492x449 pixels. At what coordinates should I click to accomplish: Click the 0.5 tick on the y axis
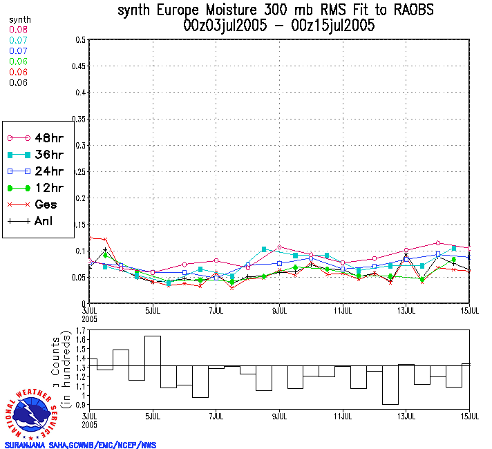(81, 40)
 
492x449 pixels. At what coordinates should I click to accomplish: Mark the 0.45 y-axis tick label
(79, 66)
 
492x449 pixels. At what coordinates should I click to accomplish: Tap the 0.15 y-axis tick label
(79, 224)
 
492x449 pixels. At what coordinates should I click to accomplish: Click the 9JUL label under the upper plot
(280, 311)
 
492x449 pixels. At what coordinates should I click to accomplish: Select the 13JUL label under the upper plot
(406, 311)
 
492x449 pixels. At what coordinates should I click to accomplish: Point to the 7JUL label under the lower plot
(216, 417)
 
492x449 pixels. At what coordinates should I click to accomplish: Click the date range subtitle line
(279, 26)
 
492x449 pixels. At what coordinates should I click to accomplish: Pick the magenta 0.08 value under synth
(19, 30)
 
